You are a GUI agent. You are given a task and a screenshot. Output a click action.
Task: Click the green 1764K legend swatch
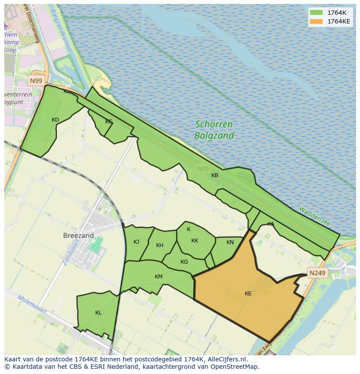point(316,13)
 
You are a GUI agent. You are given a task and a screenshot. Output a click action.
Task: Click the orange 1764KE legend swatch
point(316,21)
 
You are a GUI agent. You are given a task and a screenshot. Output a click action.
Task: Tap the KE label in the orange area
point(248,294)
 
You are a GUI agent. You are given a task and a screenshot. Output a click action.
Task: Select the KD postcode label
point(55,120)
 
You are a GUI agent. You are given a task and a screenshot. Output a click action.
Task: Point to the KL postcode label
point(98,313)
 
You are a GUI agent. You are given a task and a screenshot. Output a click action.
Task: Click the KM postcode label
point(158,277)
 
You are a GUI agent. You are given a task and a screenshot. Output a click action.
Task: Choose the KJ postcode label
point(136,242)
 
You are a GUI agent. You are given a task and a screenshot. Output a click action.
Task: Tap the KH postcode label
point(160,245)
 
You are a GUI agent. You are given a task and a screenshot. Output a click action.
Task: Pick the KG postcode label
point(184,262)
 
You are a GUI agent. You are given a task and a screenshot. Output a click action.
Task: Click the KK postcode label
point(195,241)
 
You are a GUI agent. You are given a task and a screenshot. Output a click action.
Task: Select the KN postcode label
point(230,242)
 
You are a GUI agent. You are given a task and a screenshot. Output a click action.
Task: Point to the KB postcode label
point(214,175)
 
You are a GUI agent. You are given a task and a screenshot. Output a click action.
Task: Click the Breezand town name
point(78,235)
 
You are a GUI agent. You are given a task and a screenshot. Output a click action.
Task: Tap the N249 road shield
point(317,273)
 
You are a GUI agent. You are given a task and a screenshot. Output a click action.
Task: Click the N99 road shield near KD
point(36,81)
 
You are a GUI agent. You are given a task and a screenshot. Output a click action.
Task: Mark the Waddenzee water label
point(314,216)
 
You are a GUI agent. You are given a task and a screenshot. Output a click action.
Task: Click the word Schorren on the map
point(213,124)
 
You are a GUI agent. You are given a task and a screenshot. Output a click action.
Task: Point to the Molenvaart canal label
point(32,304)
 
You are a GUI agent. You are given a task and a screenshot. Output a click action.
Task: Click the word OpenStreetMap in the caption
point(234,366)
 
